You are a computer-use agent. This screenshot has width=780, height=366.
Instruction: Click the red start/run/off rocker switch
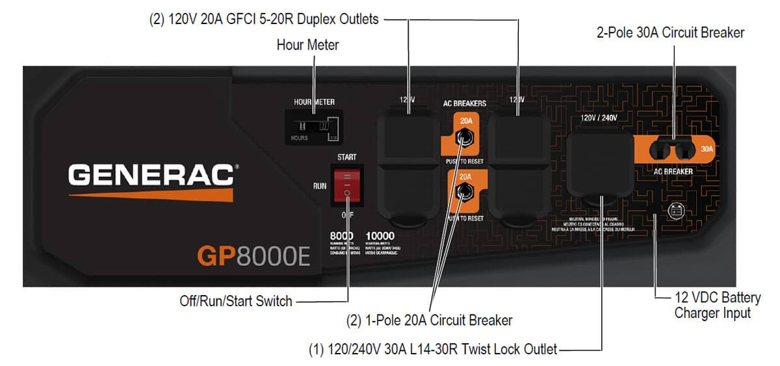pos(346,185)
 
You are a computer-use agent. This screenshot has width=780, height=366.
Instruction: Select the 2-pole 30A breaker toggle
pos(673,150)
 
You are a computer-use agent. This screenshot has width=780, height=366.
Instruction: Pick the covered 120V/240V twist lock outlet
pos(599,165)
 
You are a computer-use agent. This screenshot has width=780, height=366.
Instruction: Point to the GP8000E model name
pos(253,255)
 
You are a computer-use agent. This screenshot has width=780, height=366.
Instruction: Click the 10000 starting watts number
pos(380,236)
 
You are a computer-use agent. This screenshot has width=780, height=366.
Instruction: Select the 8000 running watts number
pos(342,236)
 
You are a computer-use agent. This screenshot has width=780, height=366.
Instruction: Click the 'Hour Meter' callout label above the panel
pos(307,45)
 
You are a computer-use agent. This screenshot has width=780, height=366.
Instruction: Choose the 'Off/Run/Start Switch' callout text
pos(235,301)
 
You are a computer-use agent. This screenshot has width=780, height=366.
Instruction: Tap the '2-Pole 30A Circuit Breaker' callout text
pos(670,32)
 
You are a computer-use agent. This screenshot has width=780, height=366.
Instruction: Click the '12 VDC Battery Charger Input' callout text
pos(717,305)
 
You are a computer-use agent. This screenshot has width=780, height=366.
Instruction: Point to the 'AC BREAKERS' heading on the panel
pos(464,103)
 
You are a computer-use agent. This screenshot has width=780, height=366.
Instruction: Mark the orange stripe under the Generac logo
pos(151,194)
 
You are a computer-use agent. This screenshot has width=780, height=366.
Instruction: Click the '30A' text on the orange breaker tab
pos(707,149)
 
